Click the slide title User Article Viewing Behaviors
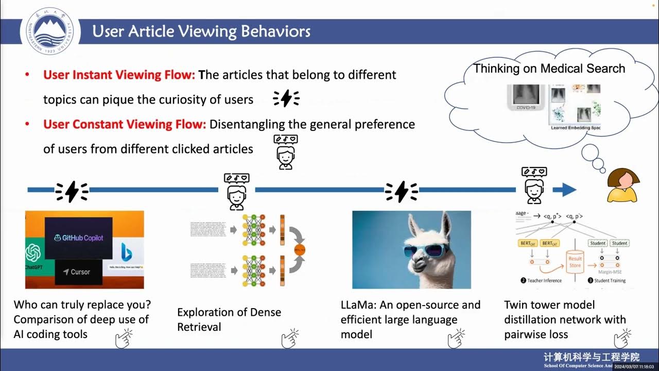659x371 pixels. [x=201, y=31]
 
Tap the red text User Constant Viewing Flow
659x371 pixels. [x=125, y=124]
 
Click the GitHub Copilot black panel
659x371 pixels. [x=78, y=238]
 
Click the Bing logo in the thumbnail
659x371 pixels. [x=125, y=252]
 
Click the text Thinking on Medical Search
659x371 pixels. [x=549, y=69]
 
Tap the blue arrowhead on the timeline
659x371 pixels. [x=567, y=190]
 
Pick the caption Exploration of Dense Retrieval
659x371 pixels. [x=229, y=319]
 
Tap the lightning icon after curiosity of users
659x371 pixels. [x=286, y=98]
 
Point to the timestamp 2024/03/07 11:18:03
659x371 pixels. [x=625, y=366]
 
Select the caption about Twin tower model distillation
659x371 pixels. [x=565, y=319]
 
